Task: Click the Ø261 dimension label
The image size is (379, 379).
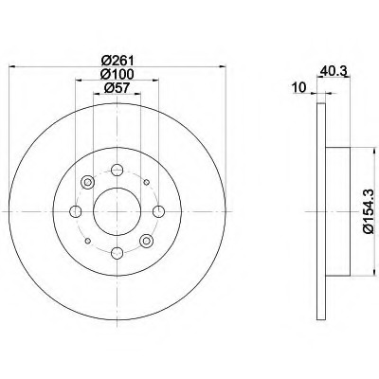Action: pos(117,60)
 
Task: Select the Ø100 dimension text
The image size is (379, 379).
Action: pos(117,74)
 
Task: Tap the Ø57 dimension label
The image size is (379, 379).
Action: pos(117,88)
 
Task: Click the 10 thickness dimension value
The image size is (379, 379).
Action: pos(299,87)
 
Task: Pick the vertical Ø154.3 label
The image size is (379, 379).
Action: pos(369,211)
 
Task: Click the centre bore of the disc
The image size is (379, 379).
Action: pos(117,211)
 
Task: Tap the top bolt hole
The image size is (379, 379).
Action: pos(117,170)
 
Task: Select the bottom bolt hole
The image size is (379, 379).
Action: pos(117,252)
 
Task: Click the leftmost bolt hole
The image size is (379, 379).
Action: pos(76,211)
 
